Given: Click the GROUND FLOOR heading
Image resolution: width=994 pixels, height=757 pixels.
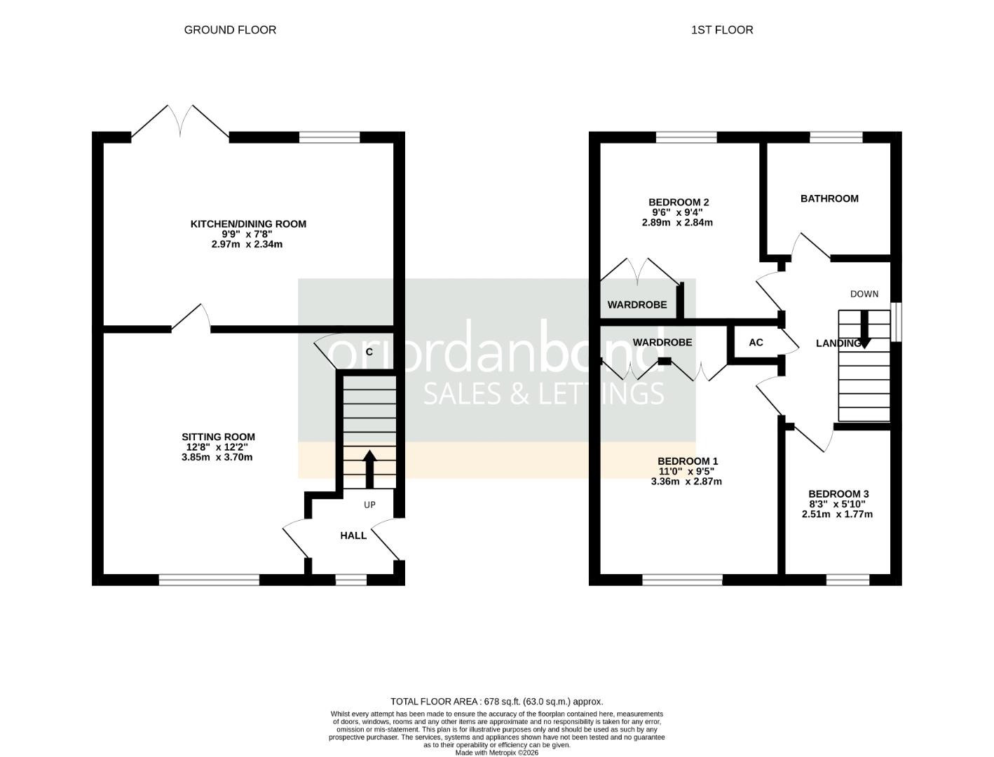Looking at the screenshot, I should [230, 29].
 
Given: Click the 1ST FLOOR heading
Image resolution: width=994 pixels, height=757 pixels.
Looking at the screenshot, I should [722, 29].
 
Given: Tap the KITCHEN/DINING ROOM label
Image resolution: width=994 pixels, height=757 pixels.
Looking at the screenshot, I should [248, 224].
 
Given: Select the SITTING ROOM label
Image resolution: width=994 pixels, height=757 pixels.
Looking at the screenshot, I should [218, 437].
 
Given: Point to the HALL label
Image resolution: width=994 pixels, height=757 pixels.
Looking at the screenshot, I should [353, 536].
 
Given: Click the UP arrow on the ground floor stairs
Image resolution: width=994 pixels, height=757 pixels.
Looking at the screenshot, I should [369, 468].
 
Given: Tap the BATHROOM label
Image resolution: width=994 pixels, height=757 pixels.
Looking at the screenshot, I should [829, 198].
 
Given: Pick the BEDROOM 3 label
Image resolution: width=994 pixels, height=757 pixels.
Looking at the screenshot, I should [838, 493].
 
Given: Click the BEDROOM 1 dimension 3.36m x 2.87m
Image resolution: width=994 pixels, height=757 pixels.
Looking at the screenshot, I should [686, 482].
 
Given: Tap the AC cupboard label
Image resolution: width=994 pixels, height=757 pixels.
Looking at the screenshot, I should [756, 343].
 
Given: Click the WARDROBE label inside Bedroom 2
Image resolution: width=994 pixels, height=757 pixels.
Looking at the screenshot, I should [636, 305].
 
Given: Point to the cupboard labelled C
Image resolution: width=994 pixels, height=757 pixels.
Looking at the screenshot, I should [369, 352].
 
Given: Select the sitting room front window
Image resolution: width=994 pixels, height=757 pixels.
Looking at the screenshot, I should [209, 579].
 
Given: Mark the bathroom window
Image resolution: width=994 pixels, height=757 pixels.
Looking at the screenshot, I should [836, 137].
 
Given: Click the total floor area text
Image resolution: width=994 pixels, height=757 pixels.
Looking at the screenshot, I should [496, 701].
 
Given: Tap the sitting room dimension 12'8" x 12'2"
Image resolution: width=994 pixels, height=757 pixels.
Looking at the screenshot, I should [217, 447].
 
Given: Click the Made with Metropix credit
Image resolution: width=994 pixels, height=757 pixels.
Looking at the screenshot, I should [496, 753].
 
